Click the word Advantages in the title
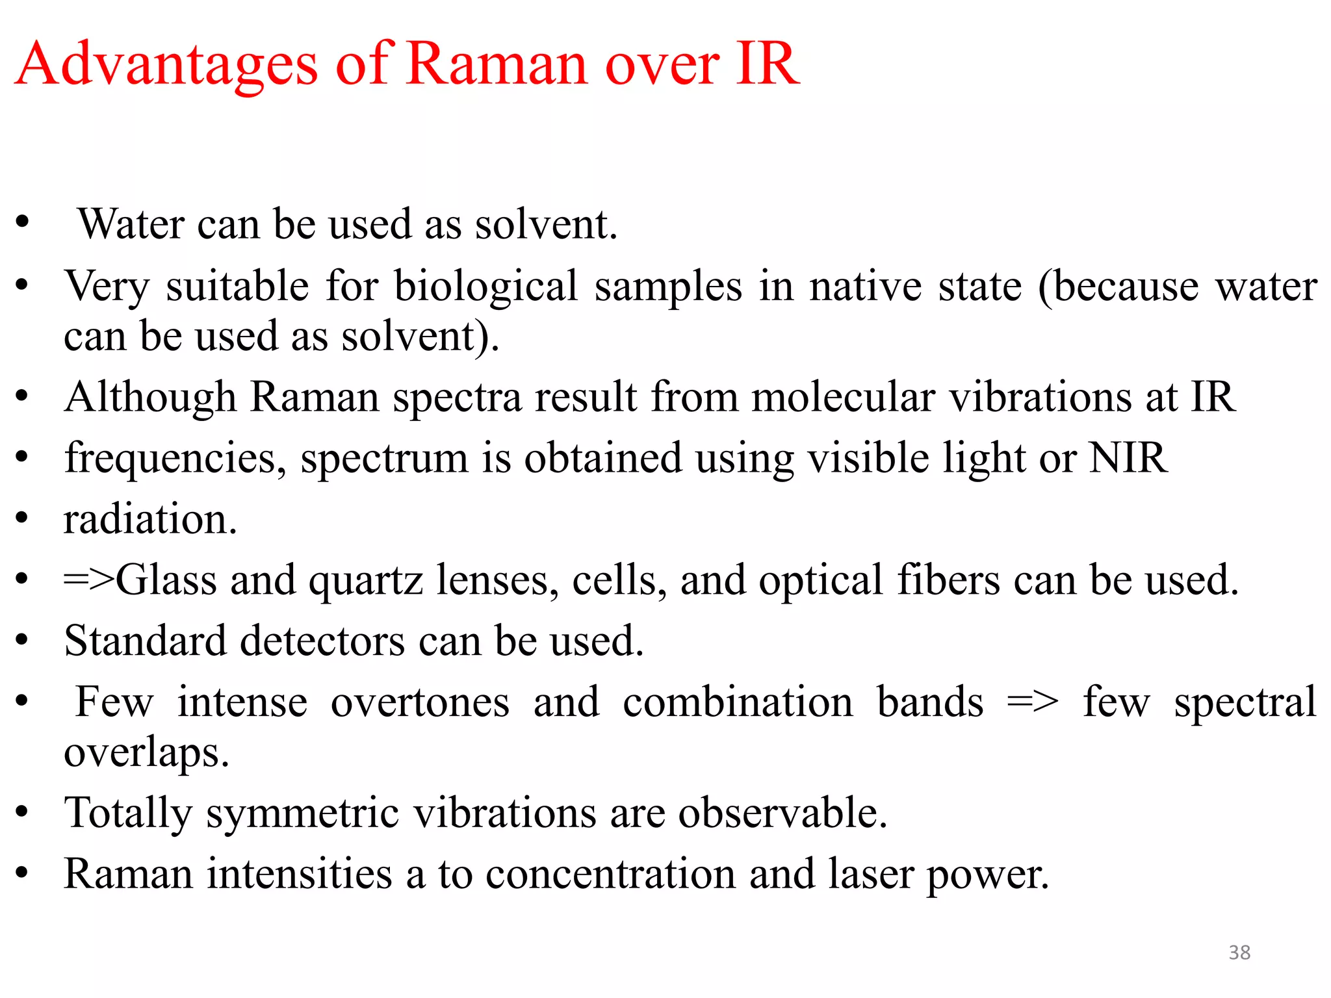[x=166, y=65]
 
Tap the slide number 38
[x=1239, y=953]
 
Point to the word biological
[x=486, y=287]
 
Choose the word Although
[x=150, y=398]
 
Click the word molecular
[x=843, y=398]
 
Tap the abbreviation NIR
[x=1128, y=458]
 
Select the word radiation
[x=150, y=520]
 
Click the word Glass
[x=166, y=580]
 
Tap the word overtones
[x=420, y=703]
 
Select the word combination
[x=738, y=703]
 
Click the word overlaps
[x=146, y=754]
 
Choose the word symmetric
[x=302, y=814]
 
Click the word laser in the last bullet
[x=871, y=875]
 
